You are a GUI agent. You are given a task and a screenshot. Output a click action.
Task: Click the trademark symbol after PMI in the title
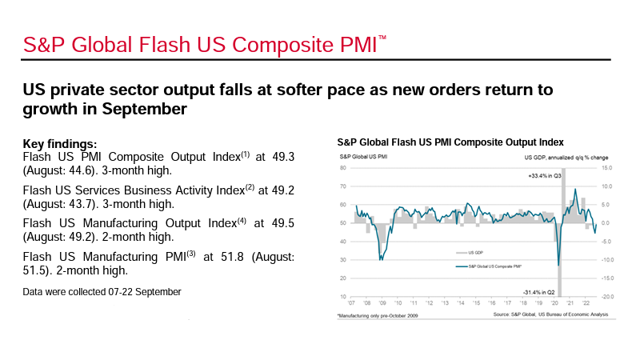[382, 38]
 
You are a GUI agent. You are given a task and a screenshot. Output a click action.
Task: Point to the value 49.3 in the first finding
[281, 158]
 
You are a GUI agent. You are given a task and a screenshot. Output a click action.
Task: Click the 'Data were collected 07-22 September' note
[102, 292]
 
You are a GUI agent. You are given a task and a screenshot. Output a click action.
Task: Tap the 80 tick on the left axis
[343, 168]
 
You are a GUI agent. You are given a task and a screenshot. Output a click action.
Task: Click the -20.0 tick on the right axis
[607, 297]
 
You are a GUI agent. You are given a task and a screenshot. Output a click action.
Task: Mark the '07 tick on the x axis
[354, 305]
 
